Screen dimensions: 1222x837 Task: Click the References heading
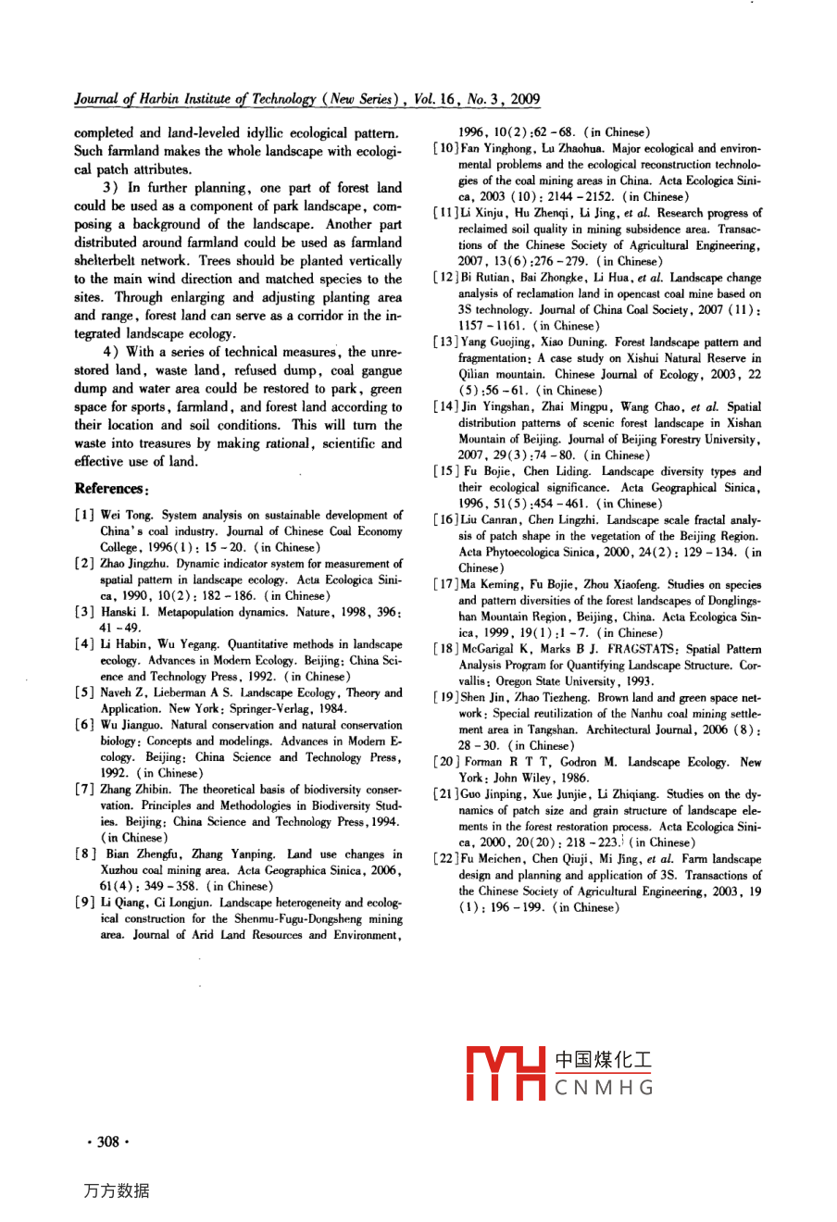(x=109, y=488)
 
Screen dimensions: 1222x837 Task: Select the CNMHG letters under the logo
(x=605, y=1088)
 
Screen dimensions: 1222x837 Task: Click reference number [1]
(x=84, y=516)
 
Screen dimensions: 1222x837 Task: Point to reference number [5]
(x=84, y=692)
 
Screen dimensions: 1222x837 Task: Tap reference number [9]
(x=84, y=903)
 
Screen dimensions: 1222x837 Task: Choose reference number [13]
(x=444, y=343)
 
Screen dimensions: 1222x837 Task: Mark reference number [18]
(x=444, y=650)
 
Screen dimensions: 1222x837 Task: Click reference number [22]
(x=444, y=859)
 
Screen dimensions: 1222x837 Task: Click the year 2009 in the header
(x=525, y=100)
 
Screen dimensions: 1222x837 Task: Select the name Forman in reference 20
(x=483, y=763)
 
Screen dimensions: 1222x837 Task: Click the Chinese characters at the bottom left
(x=117, y=1191)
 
